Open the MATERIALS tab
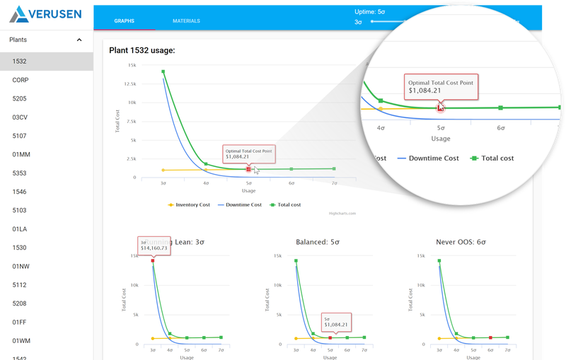click(186, 21)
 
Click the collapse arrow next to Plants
click(79, 40)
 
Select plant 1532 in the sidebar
click(20, 62)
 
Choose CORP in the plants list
click(21, 80)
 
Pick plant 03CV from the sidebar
click(21, 117)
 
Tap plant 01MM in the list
click(21, 154)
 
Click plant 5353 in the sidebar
click(20, 173)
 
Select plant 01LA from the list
click(20, 228)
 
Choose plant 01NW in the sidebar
click(21, 266)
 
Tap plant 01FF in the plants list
click(20, 322)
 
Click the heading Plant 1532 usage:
click(142, 50)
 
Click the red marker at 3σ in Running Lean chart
click(153, 261)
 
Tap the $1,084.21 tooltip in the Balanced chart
click(337, 323)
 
